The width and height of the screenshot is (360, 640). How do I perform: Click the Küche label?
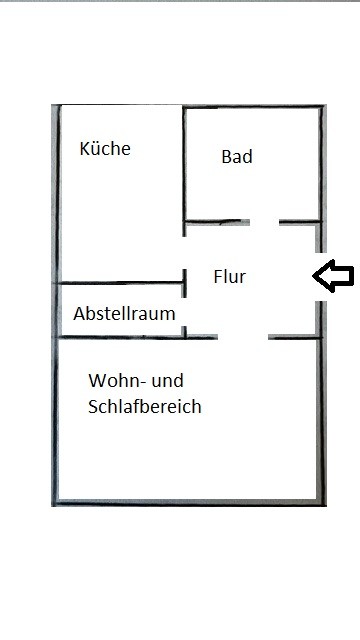point(105,148)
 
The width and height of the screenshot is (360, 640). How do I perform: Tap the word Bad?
point(237,157)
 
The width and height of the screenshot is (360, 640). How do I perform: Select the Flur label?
point(229,276)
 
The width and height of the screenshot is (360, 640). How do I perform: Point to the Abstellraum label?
point(124,313)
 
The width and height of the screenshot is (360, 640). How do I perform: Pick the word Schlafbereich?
point(144,407)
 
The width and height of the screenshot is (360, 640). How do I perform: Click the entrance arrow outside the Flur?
point(333,276)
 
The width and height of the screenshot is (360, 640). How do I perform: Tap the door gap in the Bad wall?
point(264,222)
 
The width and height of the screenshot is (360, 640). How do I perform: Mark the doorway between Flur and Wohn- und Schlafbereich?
point(243,337)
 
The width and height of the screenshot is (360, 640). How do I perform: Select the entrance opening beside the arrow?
point(320,277)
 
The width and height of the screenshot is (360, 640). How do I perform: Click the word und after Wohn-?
point(167,380)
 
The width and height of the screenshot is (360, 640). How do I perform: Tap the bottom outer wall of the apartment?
point(189,502)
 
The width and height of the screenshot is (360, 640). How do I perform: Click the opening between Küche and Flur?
point(184,253)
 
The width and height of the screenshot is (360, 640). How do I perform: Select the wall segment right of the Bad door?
point(300,222)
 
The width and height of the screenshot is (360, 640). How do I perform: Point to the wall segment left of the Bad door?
point(217,222)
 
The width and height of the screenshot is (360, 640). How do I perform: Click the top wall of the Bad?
point(253,107)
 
